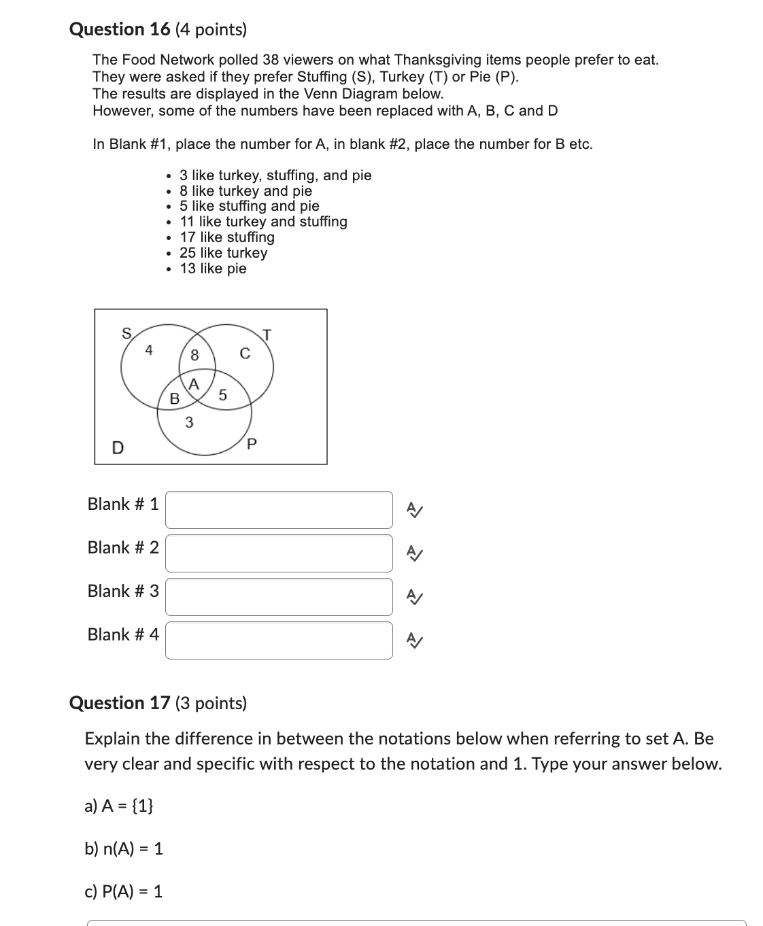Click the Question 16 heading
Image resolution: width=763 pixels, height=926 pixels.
click(x=158, y=29)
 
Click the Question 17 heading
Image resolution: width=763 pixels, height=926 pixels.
click(x=158, y=702)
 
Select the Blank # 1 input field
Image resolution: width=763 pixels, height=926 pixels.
click(x=279, y=510)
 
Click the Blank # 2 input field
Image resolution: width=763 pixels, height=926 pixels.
click(x=279, y=553)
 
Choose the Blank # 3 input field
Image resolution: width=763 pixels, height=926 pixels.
click(x=279, y=597)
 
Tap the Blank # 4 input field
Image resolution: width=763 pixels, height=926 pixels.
click(x=279, y=640)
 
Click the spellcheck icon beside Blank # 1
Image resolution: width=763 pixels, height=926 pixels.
click(x=413, y=509)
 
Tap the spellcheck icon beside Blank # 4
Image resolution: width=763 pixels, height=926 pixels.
click(x=413, y=640)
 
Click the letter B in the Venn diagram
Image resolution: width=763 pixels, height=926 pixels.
click(x=174, y=399)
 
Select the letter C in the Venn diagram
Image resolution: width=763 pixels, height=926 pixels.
click(x=245, y=354)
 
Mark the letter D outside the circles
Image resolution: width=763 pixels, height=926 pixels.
click(x=118, y=447)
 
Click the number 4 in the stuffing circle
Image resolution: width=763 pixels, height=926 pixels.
click(x=149, y=350)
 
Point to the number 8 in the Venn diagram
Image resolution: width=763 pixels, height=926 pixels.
click(x=194, y=355)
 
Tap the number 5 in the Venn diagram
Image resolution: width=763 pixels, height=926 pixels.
click(x=222, y=395)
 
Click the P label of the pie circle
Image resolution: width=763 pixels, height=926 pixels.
click(x=252, y=445)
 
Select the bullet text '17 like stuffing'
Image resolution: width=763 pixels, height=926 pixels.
click(x=226, y=237)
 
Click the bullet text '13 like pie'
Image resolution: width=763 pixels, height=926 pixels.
click(x=213, y=269)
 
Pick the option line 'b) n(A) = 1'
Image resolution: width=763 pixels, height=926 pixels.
click(x=124, y=848)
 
